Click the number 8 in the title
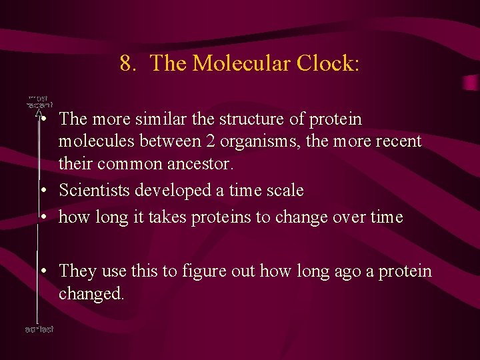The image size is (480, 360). tap(125, 64)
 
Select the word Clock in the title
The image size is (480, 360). tap(327, 64)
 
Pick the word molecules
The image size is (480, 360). tap(91, 141)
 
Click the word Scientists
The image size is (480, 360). tap(94, 191)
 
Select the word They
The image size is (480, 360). tap(77, 271)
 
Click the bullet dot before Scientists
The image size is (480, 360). tap(43, 191)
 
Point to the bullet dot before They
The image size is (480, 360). tap(43, 271)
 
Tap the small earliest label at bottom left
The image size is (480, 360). tap(39, 329)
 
